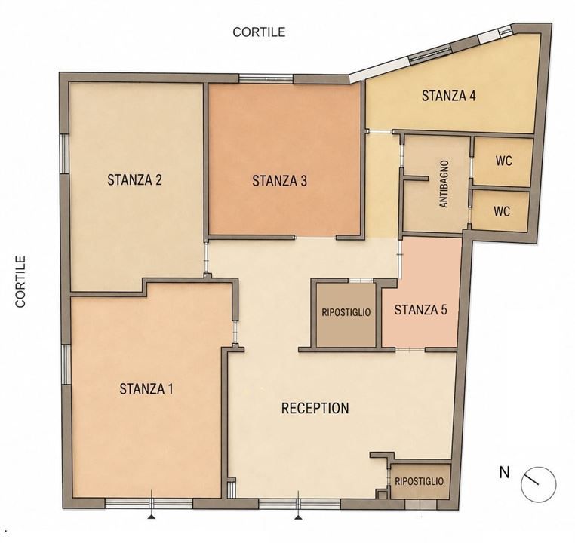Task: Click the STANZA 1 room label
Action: (x=146, y=388)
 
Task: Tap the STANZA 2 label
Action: (x=134, y=180)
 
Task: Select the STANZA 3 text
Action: (x=279, y=181)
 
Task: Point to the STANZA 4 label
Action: (x=449, y=96)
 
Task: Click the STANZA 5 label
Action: (x=420, y=310)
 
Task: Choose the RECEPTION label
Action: (x=315, y=408)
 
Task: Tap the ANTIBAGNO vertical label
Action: (x=444, y=184)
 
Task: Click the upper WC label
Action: (x=504, y=161)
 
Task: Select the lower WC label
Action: (x=502, y=211)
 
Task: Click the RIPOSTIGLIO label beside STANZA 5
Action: (x=346, y=312)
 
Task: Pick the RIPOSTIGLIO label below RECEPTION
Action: (x=419, y=481)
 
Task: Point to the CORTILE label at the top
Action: (x=259, y=32)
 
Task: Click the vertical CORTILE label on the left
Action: (x=20, y=281)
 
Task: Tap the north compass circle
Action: (x=539, y=484)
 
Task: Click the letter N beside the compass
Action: (x=505, y=472)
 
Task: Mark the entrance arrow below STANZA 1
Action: (x=151, y=517)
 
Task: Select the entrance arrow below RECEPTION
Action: (x=300, y=517)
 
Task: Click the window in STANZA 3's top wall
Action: (x=266, y=78)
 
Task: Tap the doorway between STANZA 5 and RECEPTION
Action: (x=410, y=350)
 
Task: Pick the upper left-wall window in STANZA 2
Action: (x=65, y=154)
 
